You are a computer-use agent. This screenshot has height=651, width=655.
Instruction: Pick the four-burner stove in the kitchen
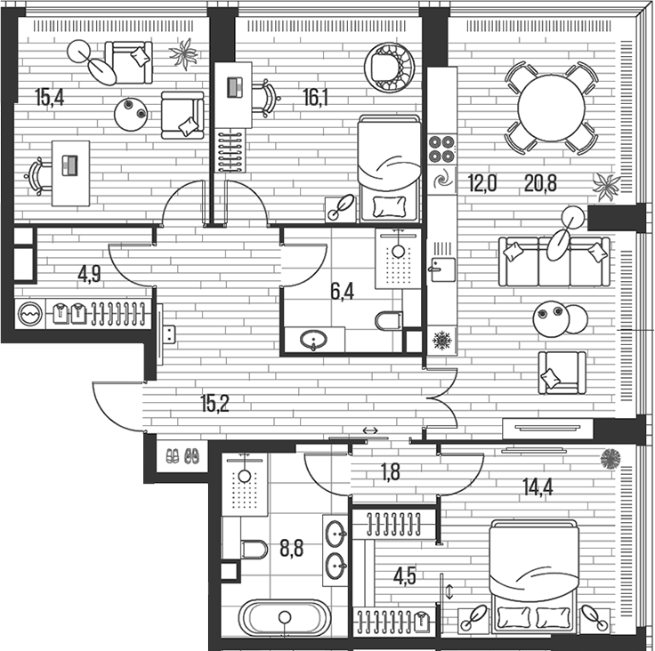pyautogui.click(x=441, y=148)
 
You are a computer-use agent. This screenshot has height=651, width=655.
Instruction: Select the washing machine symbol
pyautogui.click(x=30, y=313)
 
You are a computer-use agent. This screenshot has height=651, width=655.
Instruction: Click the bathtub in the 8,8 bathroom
pyautogui.click(x=284, y=616)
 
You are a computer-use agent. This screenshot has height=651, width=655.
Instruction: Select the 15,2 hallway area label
pyautogui.click(x=214, y=403)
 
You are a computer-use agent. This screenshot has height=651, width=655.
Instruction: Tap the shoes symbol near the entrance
pyautogui.click(x=182, y=456)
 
